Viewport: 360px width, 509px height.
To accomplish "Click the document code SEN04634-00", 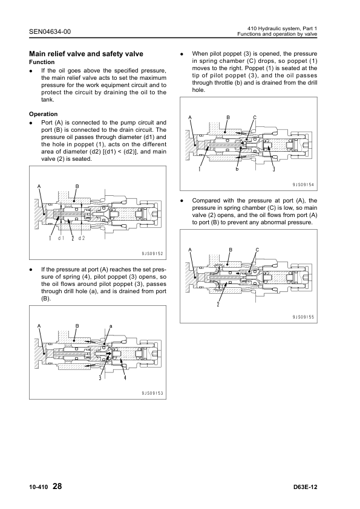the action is tap(50, 31).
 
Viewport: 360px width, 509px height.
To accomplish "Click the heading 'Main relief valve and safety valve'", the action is tap(86, 54).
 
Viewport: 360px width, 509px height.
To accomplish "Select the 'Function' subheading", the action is tap(42, 62).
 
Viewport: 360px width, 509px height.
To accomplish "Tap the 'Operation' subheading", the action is tap(43, 114).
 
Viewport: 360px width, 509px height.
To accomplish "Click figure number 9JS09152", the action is tap(152, 254).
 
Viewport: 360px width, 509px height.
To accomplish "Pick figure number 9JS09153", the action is tap(152, 393).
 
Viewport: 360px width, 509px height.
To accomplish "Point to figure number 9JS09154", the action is tap(303, 185).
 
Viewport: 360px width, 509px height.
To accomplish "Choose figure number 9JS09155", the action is tap(303, 317).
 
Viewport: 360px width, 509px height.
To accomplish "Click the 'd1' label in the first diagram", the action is tap(61, 238).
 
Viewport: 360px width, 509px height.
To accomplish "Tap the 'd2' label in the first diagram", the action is tap(81, 238).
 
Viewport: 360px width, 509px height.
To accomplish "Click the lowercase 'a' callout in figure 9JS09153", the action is tap(111, 326).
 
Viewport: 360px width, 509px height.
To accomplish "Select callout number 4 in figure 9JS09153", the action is tap(125, 377).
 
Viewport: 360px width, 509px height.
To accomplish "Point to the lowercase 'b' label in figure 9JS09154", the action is tap(237, 169).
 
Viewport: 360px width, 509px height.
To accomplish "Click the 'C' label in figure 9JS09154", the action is tap(255, 117).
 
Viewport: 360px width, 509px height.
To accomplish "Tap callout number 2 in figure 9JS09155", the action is tap(218, 304).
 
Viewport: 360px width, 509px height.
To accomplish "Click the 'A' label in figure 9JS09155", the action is tap(190, 250).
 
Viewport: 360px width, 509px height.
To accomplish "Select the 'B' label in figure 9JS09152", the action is tap(77, 186).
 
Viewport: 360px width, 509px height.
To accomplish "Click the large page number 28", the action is tap(57, 486).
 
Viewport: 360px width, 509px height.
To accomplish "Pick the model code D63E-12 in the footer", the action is tap(305, 487).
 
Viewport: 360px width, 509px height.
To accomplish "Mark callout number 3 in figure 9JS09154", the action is tap(274, 169).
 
